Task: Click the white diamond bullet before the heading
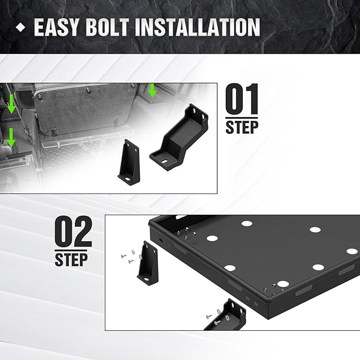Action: (x=21, y=28)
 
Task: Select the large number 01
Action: (x=242, y=99)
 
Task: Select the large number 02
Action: (x=73, y=231)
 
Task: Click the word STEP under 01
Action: (x=242, y=127)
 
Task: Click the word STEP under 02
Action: (x=71, y=259)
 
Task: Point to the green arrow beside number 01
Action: (x=152, y=91)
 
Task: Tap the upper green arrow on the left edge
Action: (x=11, y=104)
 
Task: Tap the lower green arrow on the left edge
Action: (x=11, y=138)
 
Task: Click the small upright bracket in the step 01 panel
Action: (x=129, y=162)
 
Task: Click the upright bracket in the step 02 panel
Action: (x=148, y=263)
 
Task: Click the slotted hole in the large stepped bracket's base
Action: (x=164, y=161)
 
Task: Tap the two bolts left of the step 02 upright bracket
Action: (x=127, y=258)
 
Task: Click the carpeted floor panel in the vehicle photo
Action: (x=85, y=110)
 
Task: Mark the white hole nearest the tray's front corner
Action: (x=283, y=284)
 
